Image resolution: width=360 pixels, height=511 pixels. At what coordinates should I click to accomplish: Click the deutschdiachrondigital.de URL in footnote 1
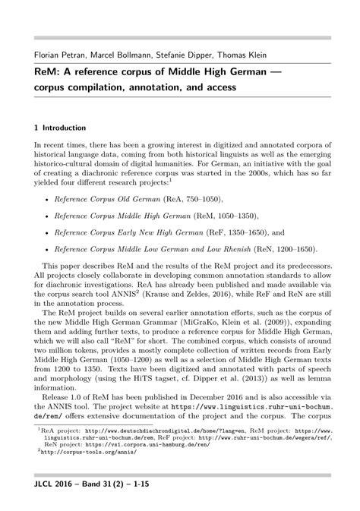[x=143, y=429]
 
